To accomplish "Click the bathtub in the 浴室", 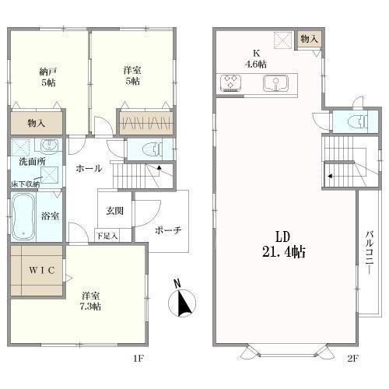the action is (23, 217).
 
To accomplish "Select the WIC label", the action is (42, 271).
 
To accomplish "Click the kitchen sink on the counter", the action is (275, 83).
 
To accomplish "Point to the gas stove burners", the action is (230, 82).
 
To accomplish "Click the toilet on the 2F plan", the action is (359, 121).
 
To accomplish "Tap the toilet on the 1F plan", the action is (152, 149).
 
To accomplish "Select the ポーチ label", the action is (168, 230).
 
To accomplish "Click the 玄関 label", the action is (114, 211).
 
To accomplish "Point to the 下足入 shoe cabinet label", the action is (107, 236).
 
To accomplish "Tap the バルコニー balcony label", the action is (370, 252).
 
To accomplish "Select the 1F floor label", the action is (138, 359).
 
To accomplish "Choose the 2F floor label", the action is (353, 359).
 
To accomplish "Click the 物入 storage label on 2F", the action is (309, 39).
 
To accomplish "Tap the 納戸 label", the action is (48, 72).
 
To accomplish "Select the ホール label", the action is (89, 169).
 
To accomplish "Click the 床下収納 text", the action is (26, 184).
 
